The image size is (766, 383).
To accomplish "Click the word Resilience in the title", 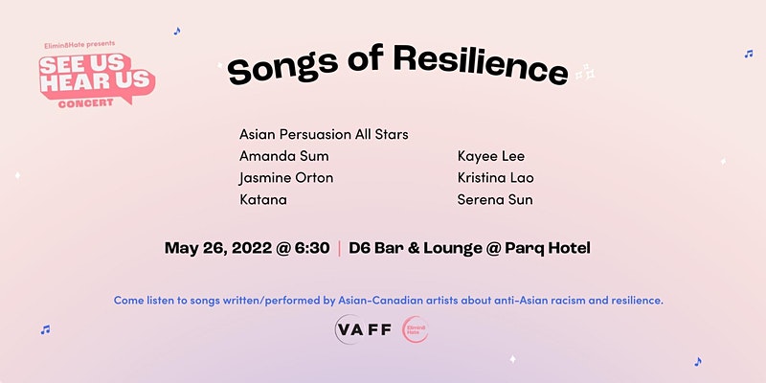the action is point(481,64).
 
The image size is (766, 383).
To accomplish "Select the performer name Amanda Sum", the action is point(283,156).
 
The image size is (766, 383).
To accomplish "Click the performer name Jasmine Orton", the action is point(286,178).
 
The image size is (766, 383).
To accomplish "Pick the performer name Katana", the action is point(263,200).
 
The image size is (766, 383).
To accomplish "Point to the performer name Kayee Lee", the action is point(491,156).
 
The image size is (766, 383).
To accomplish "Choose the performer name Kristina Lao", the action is point(496,178).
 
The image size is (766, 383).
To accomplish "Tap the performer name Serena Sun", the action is point(495,200).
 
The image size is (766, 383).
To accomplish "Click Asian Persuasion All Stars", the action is point(324,134).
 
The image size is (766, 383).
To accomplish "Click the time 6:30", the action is point(312,248).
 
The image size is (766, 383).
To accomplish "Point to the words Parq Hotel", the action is point(548,248).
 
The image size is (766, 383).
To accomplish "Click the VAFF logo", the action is point(364,329).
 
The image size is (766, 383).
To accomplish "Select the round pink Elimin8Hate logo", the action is point(416,329).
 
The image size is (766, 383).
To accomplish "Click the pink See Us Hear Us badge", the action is point(97,79).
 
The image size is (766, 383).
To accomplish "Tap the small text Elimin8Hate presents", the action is point(79,45).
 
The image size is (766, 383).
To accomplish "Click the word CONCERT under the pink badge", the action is point(85,103).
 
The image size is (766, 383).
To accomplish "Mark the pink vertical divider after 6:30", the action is point(340,248).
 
